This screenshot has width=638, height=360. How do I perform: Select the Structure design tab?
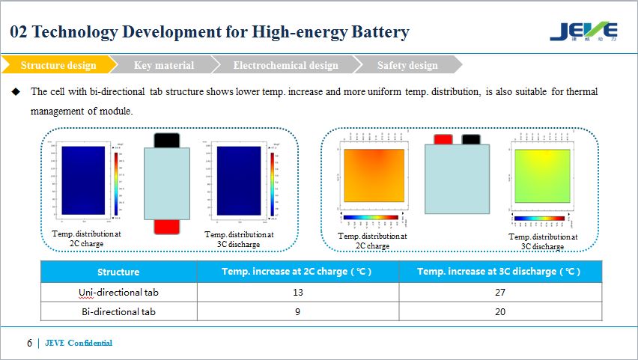[x=58, y=65]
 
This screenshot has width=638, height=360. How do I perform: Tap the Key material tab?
[x=163, y=65]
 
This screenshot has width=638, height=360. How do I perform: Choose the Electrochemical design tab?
[x=285, y=65]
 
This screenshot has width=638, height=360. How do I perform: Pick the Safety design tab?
[x=407, y=65]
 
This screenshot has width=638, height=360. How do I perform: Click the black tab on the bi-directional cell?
[x=167, y=140]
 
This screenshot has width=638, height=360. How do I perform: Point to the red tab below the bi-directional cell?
[x=167, y=227]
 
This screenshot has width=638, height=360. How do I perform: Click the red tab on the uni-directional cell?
[x=443, y=139]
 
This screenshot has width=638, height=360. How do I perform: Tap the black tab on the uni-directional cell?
[x=471, y=139]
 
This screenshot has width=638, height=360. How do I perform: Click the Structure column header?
[x=118, y=272]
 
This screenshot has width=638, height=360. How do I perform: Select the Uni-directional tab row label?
[x=118, y=292]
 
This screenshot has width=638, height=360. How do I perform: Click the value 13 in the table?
[x=297, y=292]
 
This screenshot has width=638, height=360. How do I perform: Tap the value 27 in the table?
[x=499, y=292]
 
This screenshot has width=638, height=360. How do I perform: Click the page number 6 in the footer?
[x=29, y=344]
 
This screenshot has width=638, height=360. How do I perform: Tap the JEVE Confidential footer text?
[x=79, y=344]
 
